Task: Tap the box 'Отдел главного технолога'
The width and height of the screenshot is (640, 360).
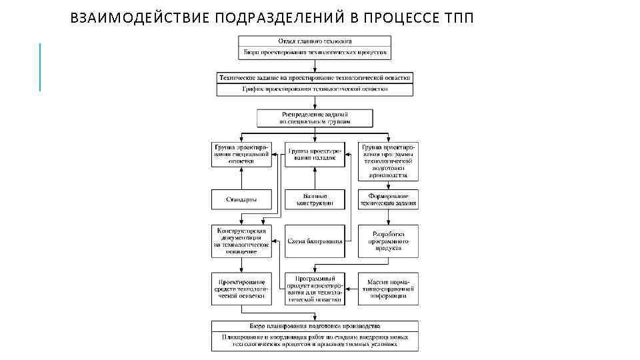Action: (315, 41)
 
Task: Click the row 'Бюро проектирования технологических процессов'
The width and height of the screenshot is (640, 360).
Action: (315, 52)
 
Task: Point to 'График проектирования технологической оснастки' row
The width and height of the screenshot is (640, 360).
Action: (315, 89)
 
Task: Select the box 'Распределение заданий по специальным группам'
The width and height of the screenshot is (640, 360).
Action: (315, 118)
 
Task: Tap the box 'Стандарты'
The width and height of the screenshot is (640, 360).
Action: (241, 199)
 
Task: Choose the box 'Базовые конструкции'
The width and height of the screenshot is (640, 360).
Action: (315, 199)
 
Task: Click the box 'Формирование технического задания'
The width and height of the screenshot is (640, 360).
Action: (388, 199)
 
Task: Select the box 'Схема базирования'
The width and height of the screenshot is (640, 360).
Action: (315, 241)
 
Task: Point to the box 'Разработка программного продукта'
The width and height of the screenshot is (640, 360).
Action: (388, 241)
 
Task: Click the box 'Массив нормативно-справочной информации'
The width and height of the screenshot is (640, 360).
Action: (388, 289)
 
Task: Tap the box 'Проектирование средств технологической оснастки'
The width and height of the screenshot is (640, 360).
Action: (241, 289)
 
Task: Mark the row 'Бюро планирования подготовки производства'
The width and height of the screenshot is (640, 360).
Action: (315, 326)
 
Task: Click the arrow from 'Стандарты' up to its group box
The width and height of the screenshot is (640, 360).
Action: (241, 178)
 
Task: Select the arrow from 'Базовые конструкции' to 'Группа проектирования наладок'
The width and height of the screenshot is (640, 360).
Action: (315, 178)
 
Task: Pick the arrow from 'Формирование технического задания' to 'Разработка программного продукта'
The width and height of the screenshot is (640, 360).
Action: (388, 217)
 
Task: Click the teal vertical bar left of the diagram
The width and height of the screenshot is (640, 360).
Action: (40, 67)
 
